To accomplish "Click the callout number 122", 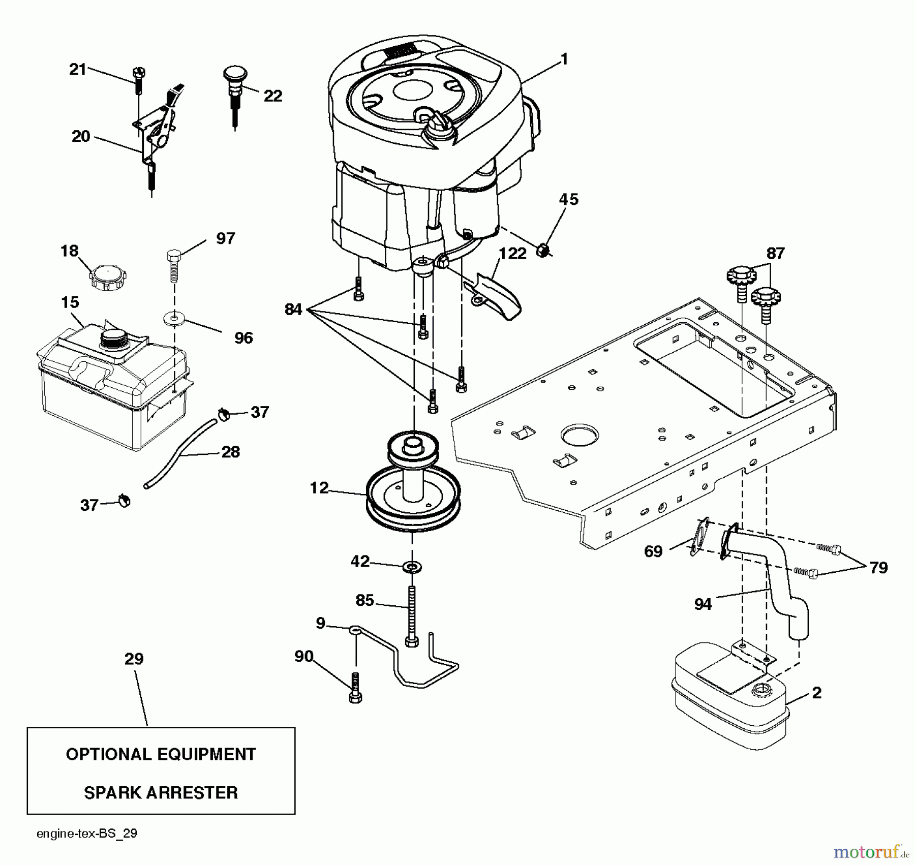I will [x=512, y=254].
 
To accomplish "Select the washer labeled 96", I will [x=174, y=319].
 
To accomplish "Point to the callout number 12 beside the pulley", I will [x=319, y=488].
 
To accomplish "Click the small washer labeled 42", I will [x=412, y=566].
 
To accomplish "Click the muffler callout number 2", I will [x=816, y=693].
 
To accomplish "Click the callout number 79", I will [x=878, y=568].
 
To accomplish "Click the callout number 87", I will [x=775, y=253].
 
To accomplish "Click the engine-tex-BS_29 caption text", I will [x=87, y=834].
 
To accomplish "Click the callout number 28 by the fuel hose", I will [x=230, y=452].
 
